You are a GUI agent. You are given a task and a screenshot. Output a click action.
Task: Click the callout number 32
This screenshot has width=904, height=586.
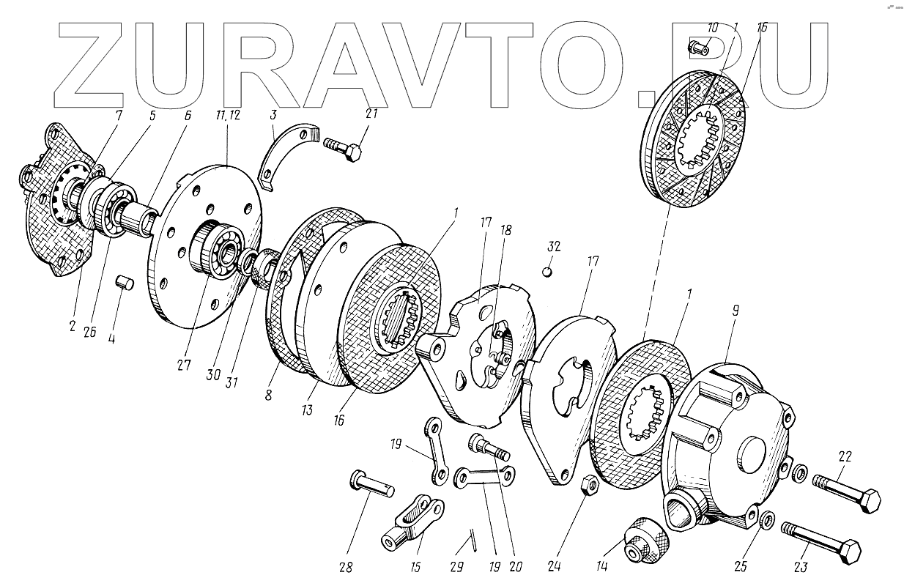coord(554,246)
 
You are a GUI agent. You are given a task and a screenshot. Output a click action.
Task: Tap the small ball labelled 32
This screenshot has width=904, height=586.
coord(547,272)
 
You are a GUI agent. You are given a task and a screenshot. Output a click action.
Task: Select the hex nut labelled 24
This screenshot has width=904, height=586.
coord(588,484)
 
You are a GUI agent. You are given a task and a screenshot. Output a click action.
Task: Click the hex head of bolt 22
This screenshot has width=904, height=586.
coord(872,503)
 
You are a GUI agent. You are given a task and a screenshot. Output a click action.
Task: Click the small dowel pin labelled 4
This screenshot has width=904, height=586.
coord(125,282)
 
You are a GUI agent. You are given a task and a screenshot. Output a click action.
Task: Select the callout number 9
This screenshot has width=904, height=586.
coord(736,311)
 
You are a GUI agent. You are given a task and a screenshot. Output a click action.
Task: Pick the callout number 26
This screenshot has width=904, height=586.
coord(89,331)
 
